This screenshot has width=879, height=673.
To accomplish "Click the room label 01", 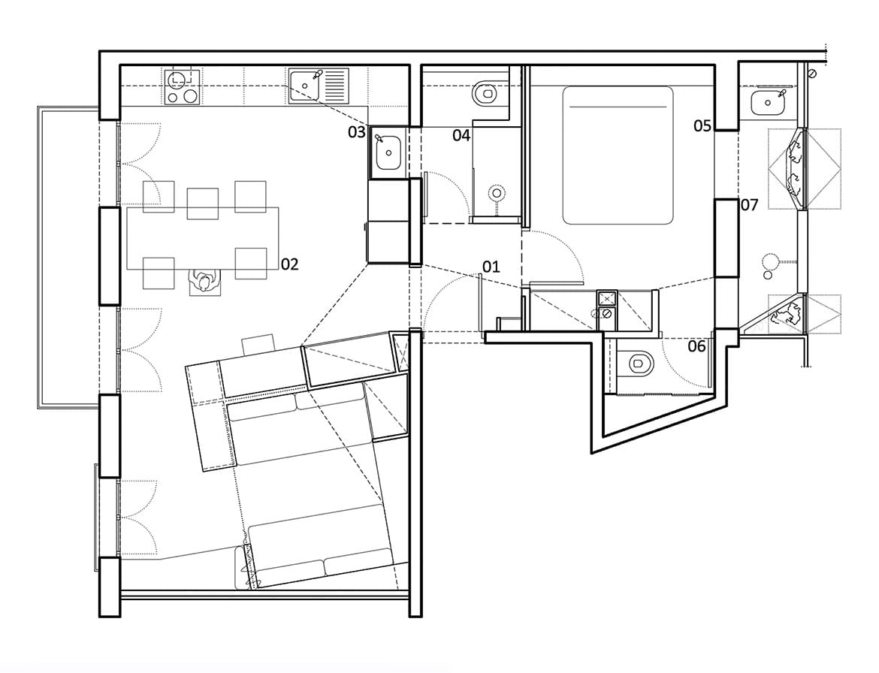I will click(x=491, y=266).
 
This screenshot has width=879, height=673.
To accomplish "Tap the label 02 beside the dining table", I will click(x=290, y=264).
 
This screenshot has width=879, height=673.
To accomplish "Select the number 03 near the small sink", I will click(x=356, y=133).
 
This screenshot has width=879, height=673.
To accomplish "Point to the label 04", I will click(x=461, y=135).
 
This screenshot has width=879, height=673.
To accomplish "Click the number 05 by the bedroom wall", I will click(x=702, y=126).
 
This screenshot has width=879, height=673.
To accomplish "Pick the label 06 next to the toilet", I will click(x=696, y=346).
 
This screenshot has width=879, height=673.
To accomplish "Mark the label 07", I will click(x=750, y=204).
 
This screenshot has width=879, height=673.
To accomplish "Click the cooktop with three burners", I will click(x=182, y=86).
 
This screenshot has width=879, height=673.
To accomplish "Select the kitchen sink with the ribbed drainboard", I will click(x=318, y=86).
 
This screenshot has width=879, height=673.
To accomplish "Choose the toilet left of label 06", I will click(x=639, y=364).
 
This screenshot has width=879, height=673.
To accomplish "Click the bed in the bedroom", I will click(x=618, y=155).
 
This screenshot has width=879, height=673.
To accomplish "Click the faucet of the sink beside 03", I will click(x=379, y=140).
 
